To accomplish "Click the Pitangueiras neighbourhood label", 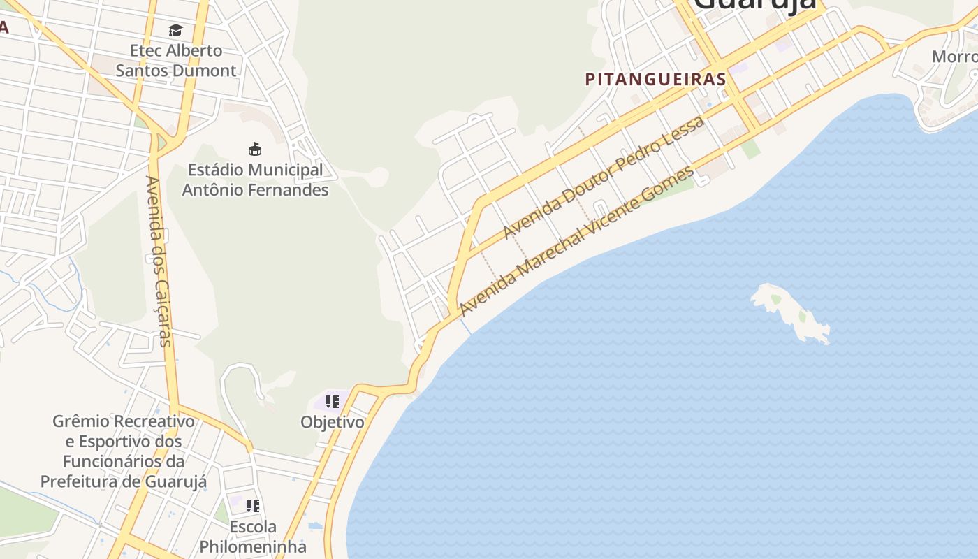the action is tap(655, 79).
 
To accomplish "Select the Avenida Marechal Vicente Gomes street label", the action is tap(577, 240).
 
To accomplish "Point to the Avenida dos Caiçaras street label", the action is tap(159, 261).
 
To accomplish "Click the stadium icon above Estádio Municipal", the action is tap(255, 149).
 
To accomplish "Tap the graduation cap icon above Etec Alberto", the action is tap(175, 30).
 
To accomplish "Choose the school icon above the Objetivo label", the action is tap(333, 402).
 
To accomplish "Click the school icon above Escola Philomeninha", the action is tap(253, 505).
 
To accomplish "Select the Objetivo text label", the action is tap(333, 422).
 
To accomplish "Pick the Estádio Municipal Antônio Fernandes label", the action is tap(255, 180).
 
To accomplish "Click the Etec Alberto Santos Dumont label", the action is tap(176, 60).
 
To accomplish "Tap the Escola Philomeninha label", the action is tap(253, 536).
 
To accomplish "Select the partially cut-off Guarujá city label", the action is tap(754, 6).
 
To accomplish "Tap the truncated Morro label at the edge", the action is tap(954, 57).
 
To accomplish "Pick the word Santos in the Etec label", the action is tap(143, 71).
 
